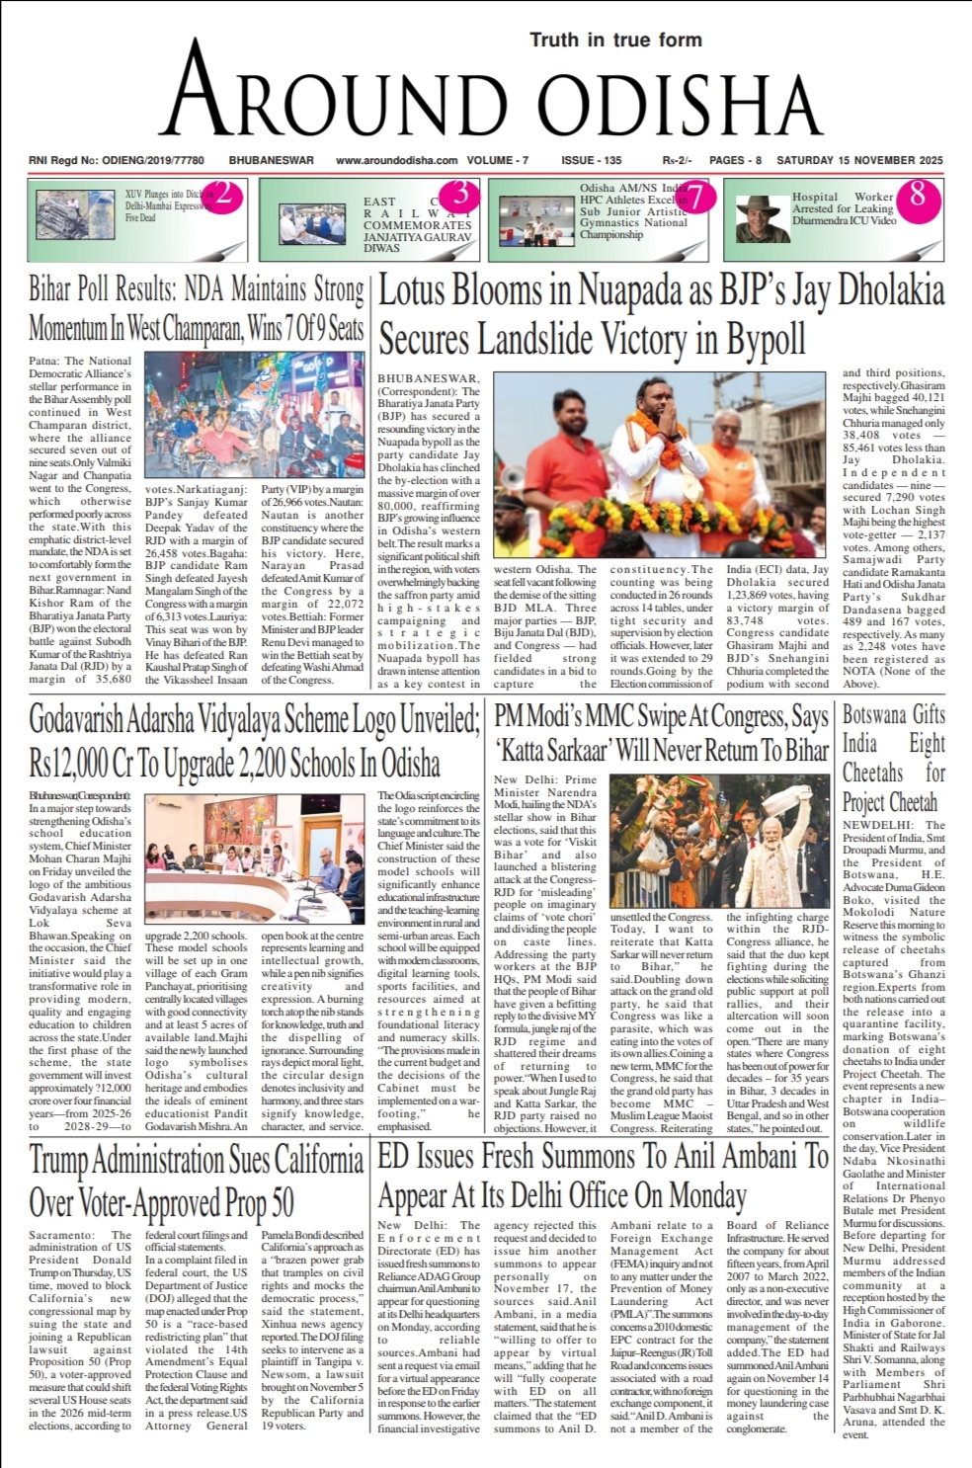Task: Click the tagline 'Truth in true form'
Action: (x=615, y=41)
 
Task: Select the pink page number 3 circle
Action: (x=459, y=194)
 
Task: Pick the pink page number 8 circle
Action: (x=918, y=194)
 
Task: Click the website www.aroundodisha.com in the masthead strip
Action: (x=396, y=160)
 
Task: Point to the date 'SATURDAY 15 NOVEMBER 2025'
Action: (x=859, y=160)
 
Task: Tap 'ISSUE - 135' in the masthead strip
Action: (x=591, y=160)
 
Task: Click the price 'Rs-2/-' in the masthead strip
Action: (x=677, y=160)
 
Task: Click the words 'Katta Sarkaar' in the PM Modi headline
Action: (x=553, y=750)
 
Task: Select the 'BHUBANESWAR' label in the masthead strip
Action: (x=271, y=160)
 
